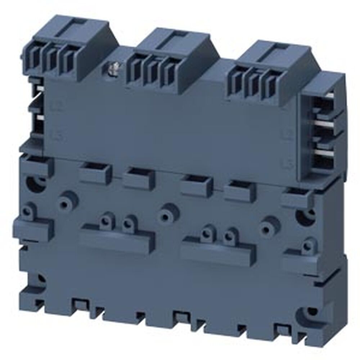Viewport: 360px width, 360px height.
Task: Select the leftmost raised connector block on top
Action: [x=70, y=47]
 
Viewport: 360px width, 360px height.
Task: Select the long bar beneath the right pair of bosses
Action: [x=218, y=250]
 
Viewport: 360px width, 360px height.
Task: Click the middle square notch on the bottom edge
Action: [x=180, y=317]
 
